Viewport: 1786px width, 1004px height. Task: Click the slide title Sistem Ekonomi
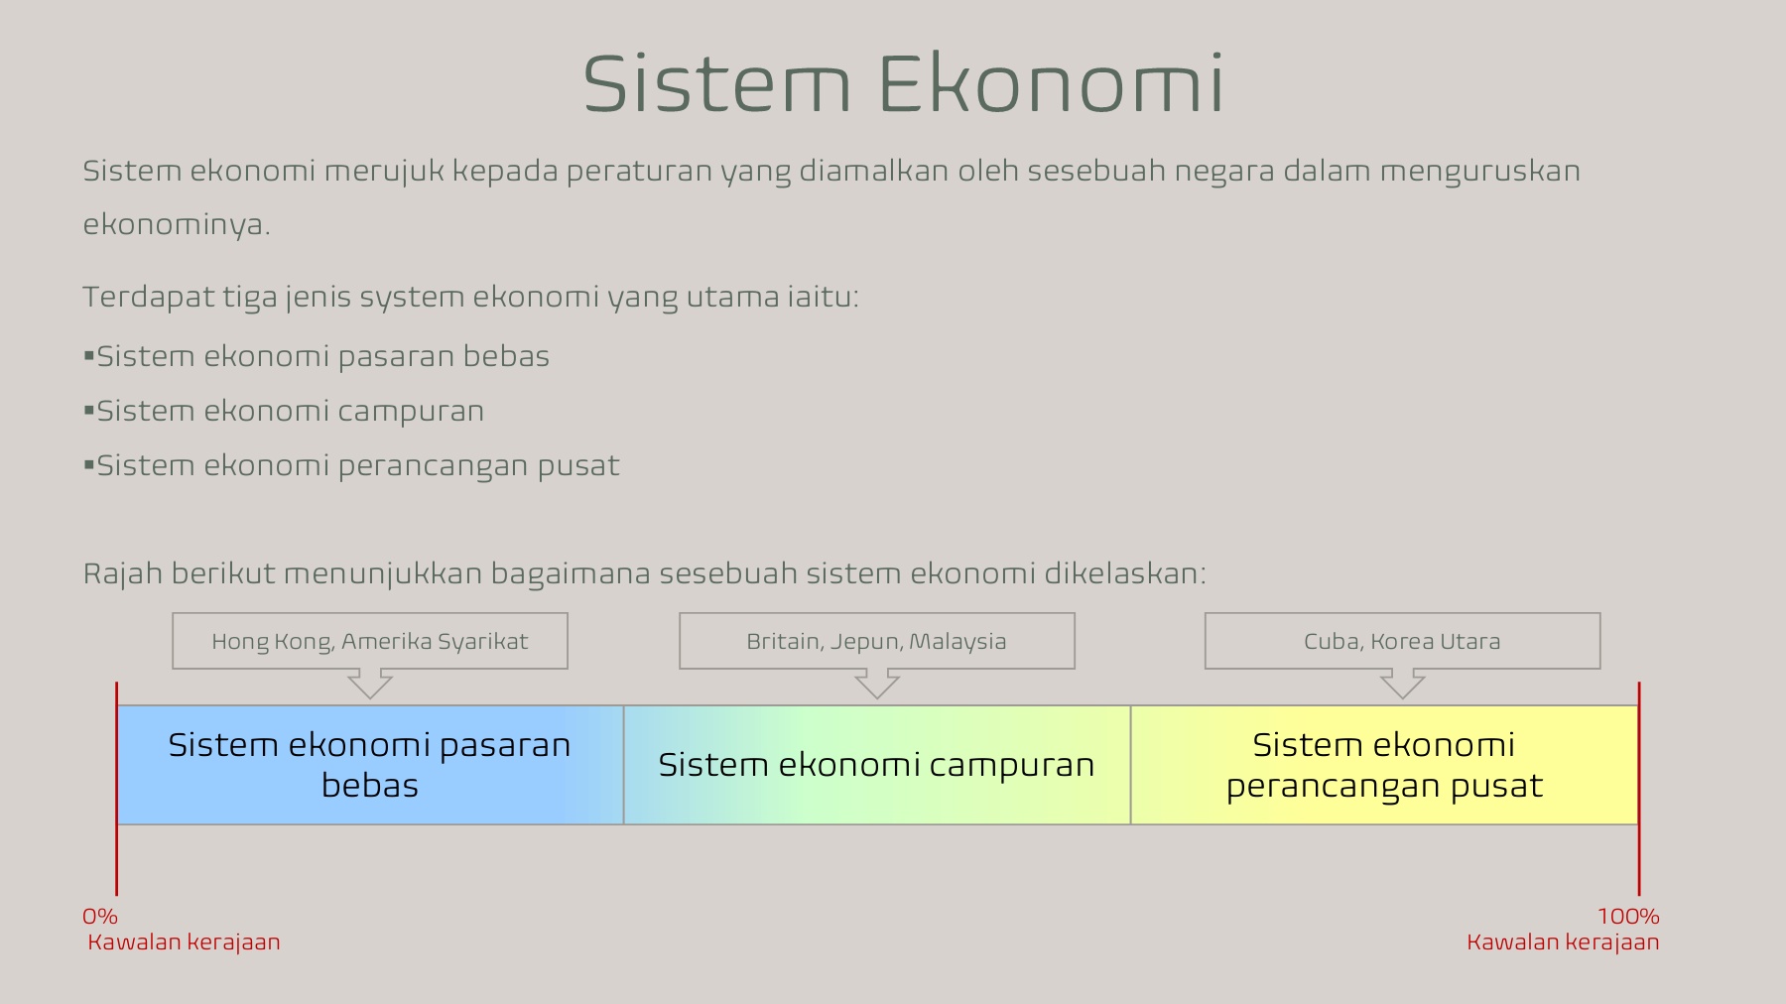coord(903,84)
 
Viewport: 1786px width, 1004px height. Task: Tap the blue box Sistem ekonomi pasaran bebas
coord(369,765)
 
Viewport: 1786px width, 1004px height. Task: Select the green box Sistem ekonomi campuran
coord(876,765)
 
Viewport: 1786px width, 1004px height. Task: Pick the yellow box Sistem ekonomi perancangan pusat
coord(1384,765)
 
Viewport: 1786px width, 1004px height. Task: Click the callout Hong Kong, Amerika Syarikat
coord(369,641)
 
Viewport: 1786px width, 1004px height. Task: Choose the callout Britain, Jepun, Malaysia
coord(876,641)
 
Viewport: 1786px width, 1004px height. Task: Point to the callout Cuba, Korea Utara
coord(1402,641)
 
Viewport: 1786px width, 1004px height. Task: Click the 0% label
coord(100,917)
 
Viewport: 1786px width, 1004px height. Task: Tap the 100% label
coord(1628,917)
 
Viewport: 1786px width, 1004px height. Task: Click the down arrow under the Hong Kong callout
coord(370,684)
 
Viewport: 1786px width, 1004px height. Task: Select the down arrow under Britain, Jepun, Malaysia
coord(877,684)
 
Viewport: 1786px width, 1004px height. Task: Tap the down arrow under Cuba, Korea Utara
coord(1403,684)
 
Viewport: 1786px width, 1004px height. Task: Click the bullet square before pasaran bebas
coord(89,355)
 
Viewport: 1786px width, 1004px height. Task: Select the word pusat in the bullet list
coord(578,466)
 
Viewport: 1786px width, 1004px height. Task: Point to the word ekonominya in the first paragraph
coord(175,225)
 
